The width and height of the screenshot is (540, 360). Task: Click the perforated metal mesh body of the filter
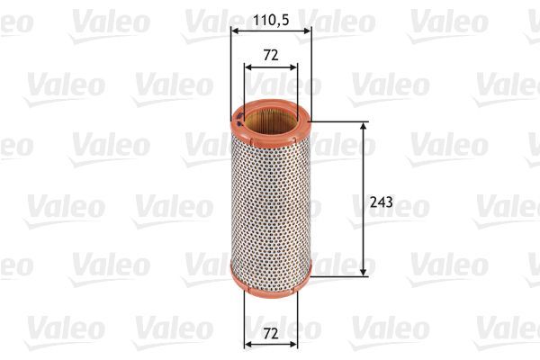tap(270, 198)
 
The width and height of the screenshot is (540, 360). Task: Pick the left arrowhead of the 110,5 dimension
tap(235, 30)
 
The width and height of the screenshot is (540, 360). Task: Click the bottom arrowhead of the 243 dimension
tap(364, 271)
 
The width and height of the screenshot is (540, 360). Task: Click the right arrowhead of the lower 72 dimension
tap(293, 345)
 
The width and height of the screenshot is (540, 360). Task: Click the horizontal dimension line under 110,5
tap(270, 30)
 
